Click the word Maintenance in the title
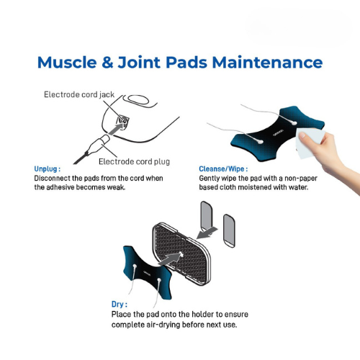267,63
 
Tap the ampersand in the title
107,63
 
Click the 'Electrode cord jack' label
79,94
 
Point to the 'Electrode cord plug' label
134,161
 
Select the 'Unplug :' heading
48,169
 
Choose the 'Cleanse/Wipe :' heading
223,169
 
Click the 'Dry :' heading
120,305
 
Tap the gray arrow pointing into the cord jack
117,128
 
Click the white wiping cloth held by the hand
308,143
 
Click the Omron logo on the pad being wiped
278,132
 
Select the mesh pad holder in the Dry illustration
181,254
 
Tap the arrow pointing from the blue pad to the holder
169,258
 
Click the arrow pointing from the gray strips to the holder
207,233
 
